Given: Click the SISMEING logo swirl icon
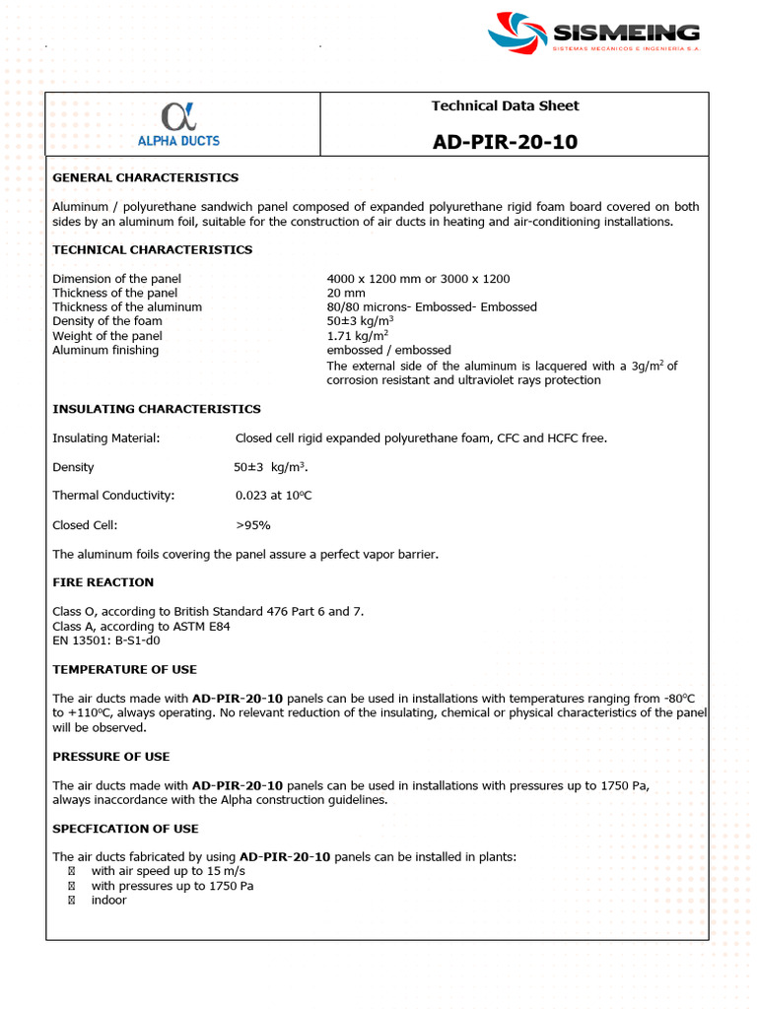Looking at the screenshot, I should click(516, 34).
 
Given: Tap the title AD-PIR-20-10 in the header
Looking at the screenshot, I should click(505, 142).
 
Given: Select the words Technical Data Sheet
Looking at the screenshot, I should click(505, 105).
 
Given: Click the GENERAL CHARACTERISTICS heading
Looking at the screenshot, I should click(145, 178).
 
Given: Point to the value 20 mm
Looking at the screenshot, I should click(346, 293).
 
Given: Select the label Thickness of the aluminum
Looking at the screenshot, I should click(127, 307).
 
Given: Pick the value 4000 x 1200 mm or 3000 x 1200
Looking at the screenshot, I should click(418, 279).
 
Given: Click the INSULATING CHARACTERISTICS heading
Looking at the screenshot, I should click(157, 409).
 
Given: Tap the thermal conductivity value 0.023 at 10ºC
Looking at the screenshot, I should click(273, 496).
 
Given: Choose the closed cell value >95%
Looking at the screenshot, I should click(253, 525).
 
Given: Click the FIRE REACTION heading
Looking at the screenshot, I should click(103, 582).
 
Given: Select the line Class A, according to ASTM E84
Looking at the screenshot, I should click(141, 626).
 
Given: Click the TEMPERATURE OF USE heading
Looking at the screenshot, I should click(125, 670).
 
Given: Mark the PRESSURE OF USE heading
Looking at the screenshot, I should click(111, 757).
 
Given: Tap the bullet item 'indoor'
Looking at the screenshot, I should click(108, 901).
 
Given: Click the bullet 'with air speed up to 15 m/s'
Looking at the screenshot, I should click(168, 872).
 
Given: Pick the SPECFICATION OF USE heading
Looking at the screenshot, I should click(125, 829).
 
